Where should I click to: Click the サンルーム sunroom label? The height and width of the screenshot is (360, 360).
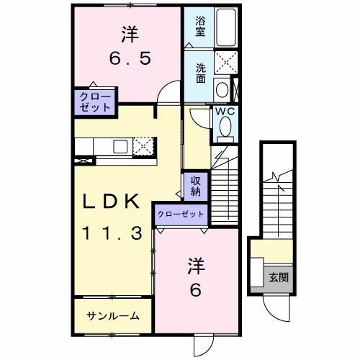[x=112, y=316]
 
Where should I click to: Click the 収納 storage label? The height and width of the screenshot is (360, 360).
[x=195, y=187]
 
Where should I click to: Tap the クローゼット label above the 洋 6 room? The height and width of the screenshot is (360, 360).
[x=181, y=214]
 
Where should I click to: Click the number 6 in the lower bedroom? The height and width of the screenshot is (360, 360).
[x=194, y=289]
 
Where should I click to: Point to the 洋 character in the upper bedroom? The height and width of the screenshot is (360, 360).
[x=128, y=34]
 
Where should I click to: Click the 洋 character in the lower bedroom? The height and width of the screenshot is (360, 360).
[x=195, y=264]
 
